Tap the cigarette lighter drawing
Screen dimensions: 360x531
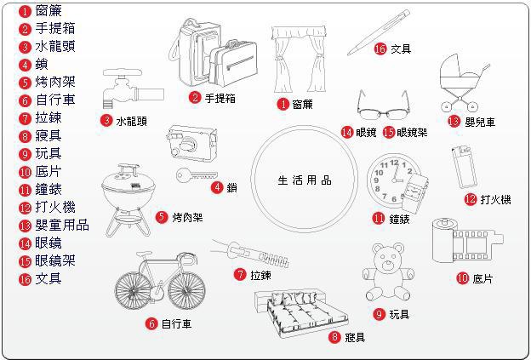[x=462, y=167]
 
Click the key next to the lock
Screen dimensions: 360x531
[x=192, y=176]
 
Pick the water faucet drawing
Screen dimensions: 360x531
[x=127, y=89]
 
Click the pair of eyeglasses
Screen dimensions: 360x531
[x=380, y=107]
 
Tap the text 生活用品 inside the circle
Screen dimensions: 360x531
[x=305, y=180]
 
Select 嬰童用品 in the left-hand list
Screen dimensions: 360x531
[x=61, y=226]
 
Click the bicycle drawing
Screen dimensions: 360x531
[x=163, y=282]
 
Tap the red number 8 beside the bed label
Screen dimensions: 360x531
[x=334, y=338]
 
